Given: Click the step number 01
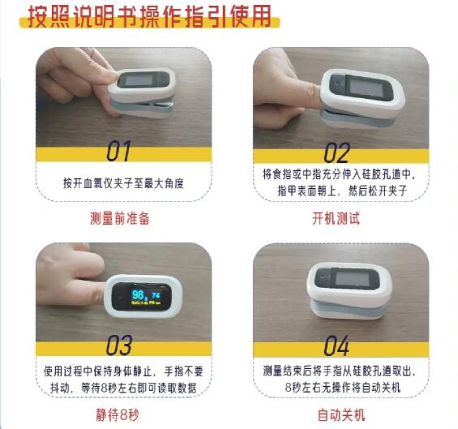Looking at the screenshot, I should [120, 152].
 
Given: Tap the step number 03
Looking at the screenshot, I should [120, 346].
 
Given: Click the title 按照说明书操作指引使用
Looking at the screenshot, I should [148, 16].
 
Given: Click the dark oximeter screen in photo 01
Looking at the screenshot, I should [144, 79].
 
